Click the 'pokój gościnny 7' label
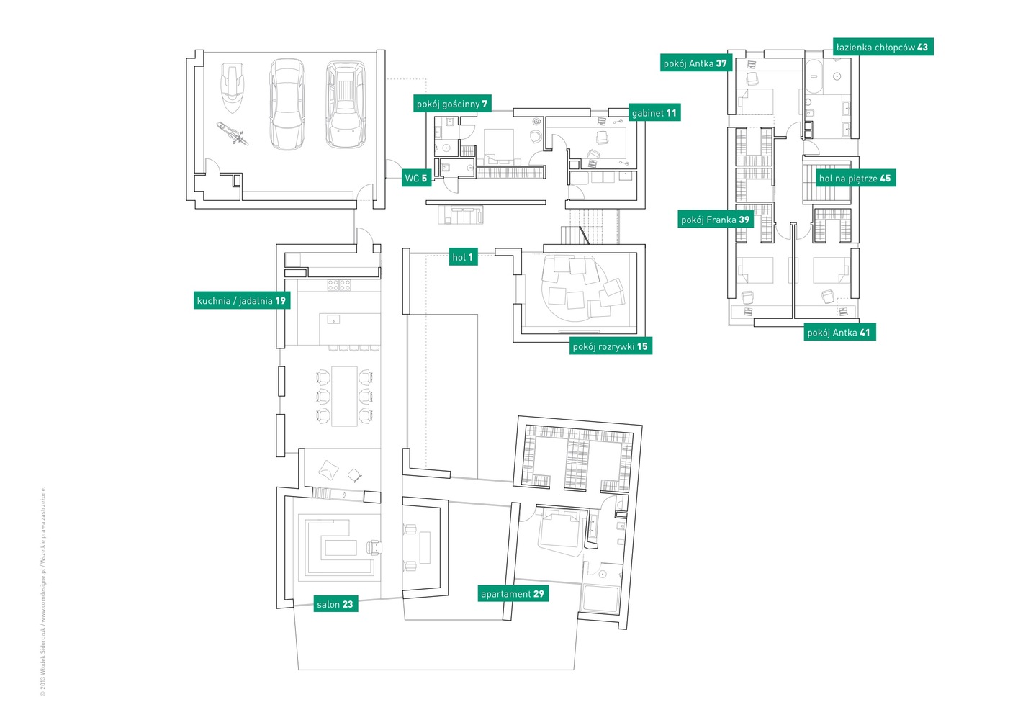tap(452, 104)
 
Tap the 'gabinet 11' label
tap(654, 113)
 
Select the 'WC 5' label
tap(416, 179)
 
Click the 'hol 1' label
tap(462, 257)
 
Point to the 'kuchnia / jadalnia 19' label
tap(241, 301)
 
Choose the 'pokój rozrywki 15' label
tap(610, 346)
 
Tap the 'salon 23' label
tap(335, 604)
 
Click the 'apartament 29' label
tap(513, 594)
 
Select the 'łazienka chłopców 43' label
tap(882, 48)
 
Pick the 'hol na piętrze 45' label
tap(855, 179)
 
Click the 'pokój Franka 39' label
tap(715, 220)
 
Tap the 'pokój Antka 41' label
tap(839, 333)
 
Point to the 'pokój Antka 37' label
tap(695, 63)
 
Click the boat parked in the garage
tap(232, 88)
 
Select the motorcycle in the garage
tap(232, 133)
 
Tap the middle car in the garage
tap(287, 104)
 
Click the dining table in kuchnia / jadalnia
tap(344, 396)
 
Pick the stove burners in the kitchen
tap(339, 285)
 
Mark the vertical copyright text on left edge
tap(43, 590)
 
